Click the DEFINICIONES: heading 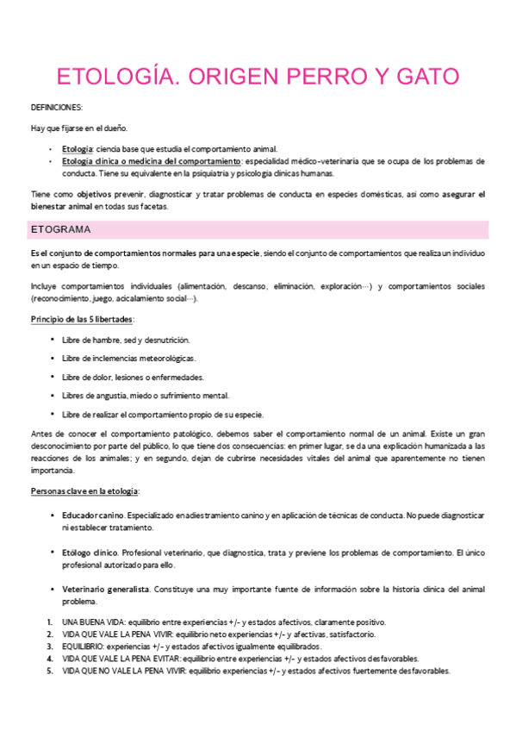(x=57, y=108)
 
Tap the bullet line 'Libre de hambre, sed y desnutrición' (x=126, y=340)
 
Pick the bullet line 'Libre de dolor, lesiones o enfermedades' (x=133, y=377)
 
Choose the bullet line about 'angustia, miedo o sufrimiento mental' (x=141, y=396)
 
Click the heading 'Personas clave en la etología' (x=84, y=490)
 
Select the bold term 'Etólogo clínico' (x=90, y=552)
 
